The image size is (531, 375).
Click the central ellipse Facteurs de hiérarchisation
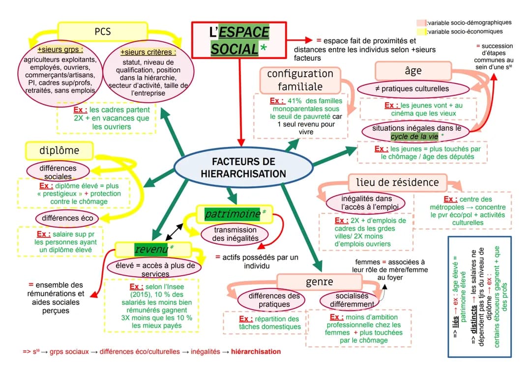click(243, 168)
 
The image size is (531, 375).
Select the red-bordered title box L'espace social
click(239, 40)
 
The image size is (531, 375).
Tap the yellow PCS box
click(102, 31)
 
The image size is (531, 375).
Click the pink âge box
click(413, 71)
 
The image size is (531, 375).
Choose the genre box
click(320, 282)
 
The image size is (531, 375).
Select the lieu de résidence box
click(397, 182)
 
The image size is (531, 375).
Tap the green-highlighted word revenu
click(150, 249)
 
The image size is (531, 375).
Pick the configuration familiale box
click(300, 80)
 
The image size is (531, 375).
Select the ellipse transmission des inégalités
click(235, 234)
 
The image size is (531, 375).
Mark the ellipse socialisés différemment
click(352, 300)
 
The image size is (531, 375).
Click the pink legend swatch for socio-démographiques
click(421, 23)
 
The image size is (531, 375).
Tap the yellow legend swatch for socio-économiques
click(421, 32)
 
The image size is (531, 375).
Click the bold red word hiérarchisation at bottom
click(256, 352)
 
